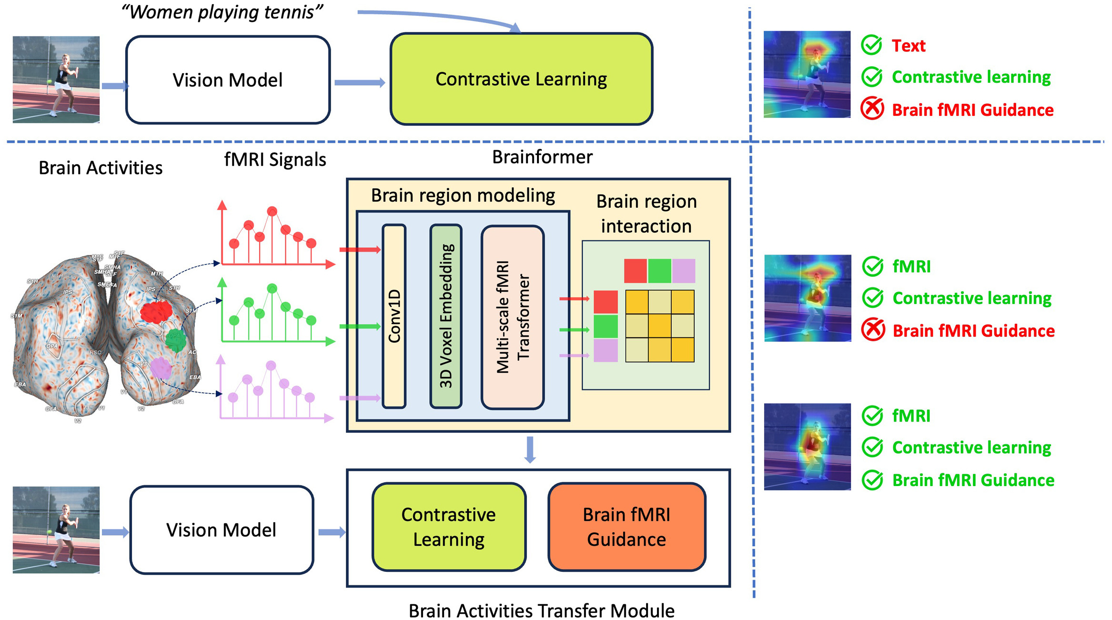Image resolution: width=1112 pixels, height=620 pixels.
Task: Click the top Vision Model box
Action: point(228,80)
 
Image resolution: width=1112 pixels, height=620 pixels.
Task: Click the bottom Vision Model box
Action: point(222,530)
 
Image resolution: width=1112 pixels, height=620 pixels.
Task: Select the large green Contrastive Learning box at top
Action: point(521,79)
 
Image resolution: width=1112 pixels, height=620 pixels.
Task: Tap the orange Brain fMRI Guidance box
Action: point(627,527)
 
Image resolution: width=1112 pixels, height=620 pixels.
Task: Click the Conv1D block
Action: point(394,316)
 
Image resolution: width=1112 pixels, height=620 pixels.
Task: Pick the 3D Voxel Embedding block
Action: point(446,316)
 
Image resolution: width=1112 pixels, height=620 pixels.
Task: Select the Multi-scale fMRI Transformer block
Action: point(513,317)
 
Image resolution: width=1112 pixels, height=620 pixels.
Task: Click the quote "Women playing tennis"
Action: point(222,12)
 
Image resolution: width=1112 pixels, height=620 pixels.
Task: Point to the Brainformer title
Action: point(542,157)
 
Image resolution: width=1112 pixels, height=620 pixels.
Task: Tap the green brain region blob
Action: point(176,340)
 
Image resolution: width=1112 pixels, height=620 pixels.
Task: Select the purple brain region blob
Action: point(161,368)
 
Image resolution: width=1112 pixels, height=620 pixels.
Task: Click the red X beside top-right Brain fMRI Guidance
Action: point(872,109)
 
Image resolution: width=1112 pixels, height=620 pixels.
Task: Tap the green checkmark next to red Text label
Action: point(871,45)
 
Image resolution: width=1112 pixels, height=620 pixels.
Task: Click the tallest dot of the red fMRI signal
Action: point(272,211)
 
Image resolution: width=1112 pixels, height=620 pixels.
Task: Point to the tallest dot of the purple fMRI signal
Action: point(271,366)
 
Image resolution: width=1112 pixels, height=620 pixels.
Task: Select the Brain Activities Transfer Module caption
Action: point(541,610)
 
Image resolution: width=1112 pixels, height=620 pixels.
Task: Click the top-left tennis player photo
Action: point(56,80)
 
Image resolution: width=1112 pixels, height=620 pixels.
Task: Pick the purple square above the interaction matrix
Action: point(683,271)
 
